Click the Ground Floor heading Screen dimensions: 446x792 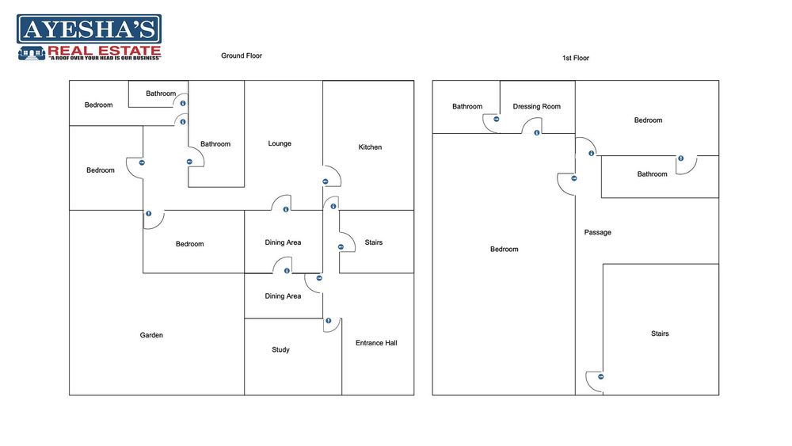242,56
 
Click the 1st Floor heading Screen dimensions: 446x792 576,58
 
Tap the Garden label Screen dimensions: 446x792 151,336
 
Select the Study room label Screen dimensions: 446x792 280,350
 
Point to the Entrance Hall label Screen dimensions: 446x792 376,343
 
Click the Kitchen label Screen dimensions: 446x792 370,147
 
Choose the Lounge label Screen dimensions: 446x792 280,144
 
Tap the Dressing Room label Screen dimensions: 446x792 536,107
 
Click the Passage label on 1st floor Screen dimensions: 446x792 597,233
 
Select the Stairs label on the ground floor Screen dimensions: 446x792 373,242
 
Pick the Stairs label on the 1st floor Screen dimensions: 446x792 660,334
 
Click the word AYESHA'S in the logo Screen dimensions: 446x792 89,31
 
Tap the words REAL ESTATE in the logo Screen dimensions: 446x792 105,51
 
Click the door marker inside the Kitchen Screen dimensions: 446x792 325,182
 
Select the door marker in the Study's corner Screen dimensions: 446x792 328,321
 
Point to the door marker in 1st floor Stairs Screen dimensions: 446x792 601,377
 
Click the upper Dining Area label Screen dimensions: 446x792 283,243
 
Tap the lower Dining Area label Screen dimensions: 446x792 283,296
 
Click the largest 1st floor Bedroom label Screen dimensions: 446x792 504,250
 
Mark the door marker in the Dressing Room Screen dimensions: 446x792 537,132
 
